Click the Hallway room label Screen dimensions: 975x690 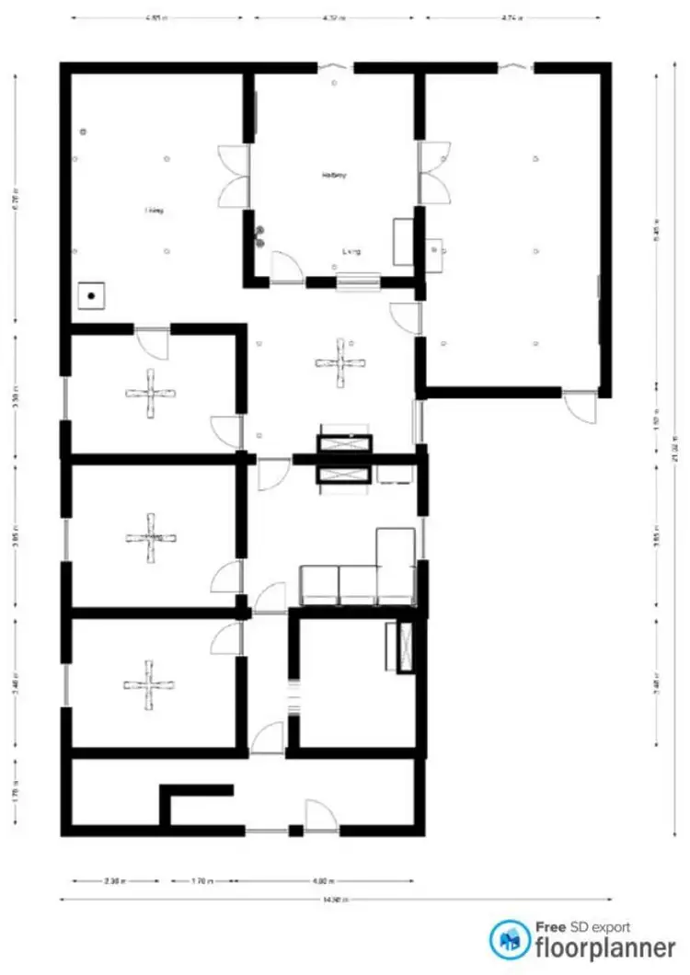pyautogui.click(x=334, y=175)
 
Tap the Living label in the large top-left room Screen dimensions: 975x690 pyautogui.click(x=154, y=211)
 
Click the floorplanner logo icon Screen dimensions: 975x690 pyautogui.click(x=509, y=939)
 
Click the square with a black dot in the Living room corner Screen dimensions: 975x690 pyautogui.click(x=92, y=295)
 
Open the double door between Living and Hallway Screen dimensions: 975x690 pyautogui.click(x=234, y=175)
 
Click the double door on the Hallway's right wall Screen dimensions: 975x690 pyautogui.click(x=434, y=173)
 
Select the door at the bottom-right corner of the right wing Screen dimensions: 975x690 pyautogui.click(x=580, y=406)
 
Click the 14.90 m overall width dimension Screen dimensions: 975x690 pyautogui.click(x=328, y=900)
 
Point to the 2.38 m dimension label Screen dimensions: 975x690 pyautogui.click(x=116, y=880)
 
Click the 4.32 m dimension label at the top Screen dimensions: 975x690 pyautogui.click(x=332, y=17)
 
